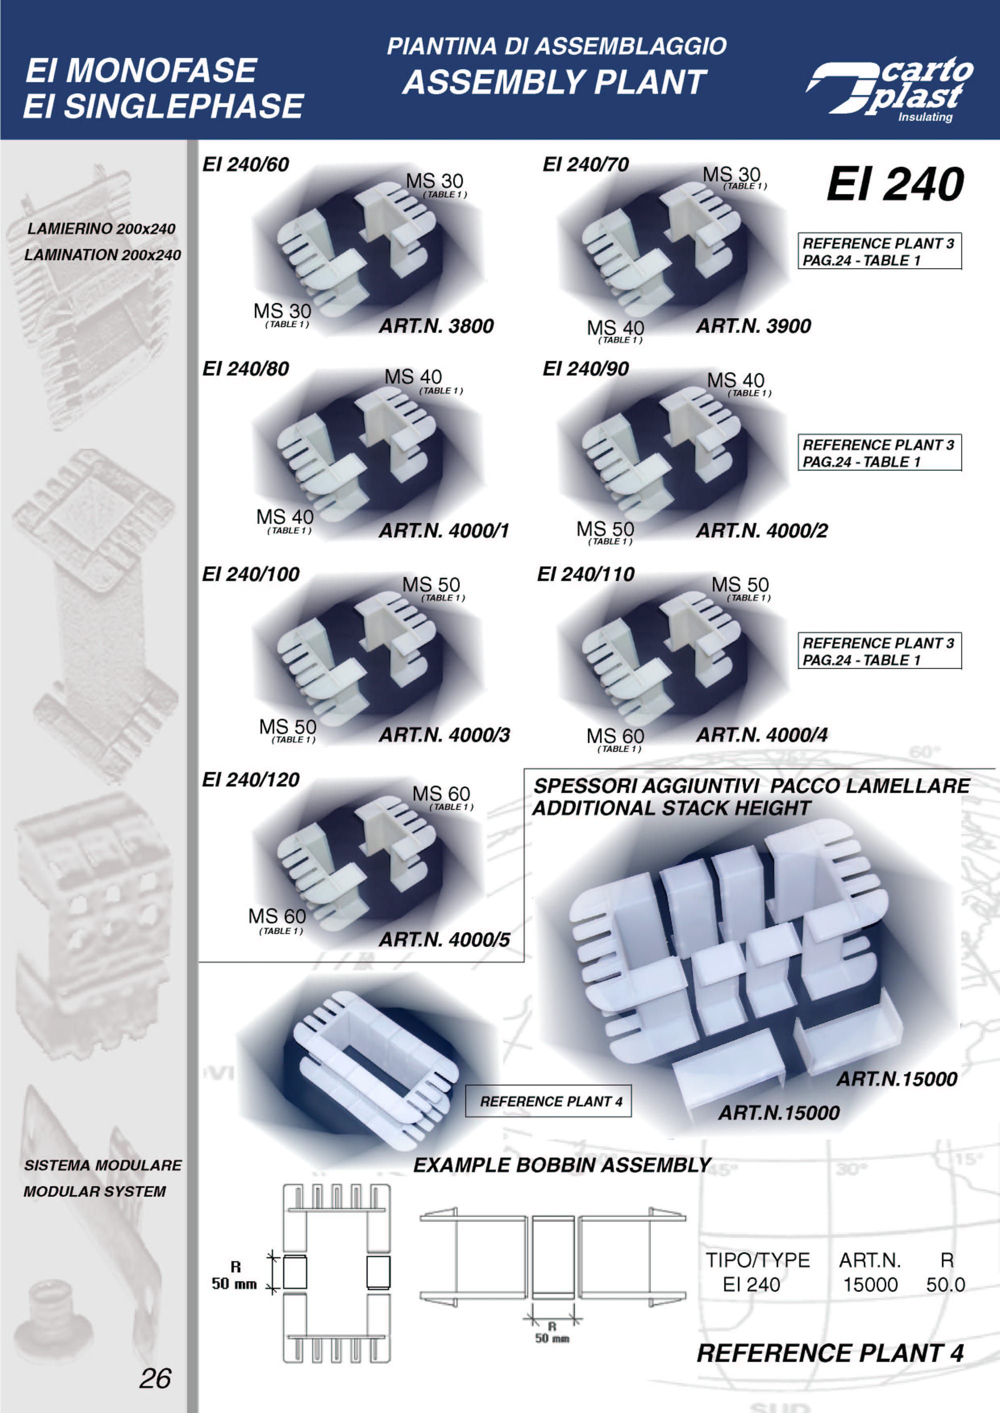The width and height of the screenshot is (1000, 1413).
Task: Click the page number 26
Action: click(x=155, y=1378)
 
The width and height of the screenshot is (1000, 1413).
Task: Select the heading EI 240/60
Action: click(x=245, y=164)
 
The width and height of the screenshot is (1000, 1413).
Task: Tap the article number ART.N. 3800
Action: click(x=436, y=326)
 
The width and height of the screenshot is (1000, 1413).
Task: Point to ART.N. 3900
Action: click(x=753, y=326)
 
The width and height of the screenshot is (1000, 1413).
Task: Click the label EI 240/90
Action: click(x=585, y=369)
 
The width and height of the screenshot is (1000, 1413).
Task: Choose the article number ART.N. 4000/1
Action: click(x=444, y=531)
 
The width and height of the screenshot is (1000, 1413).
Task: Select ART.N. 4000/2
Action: click(x=761, y=531)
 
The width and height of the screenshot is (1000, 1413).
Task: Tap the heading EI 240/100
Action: click(x=250, y=574)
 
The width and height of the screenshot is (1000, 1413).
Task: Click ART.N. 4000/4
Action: click(x=761, y=735)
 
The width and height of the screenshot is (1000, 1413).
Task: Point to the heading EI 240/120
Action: click(x=250, y=780)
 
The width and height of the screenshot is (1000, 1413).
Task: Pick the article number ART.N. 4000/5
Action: click(x=444, y=940)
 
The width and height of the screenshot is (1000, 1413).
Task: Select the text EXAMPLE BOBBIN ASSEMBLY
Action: click(x=562, y=1165)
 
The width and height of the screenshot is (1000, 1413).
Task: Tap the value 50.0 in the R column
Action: click(x=945, y=1285)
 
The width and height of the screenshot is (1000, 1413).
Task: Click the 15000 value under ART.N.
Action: click(x=870, y=1285)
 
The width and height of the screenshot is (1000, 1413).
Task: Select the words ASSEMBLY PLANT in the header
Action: click(x=554, y=82)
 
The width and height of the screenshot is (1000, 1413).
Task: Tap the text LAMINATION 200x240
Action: click(x=102, y=255)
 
